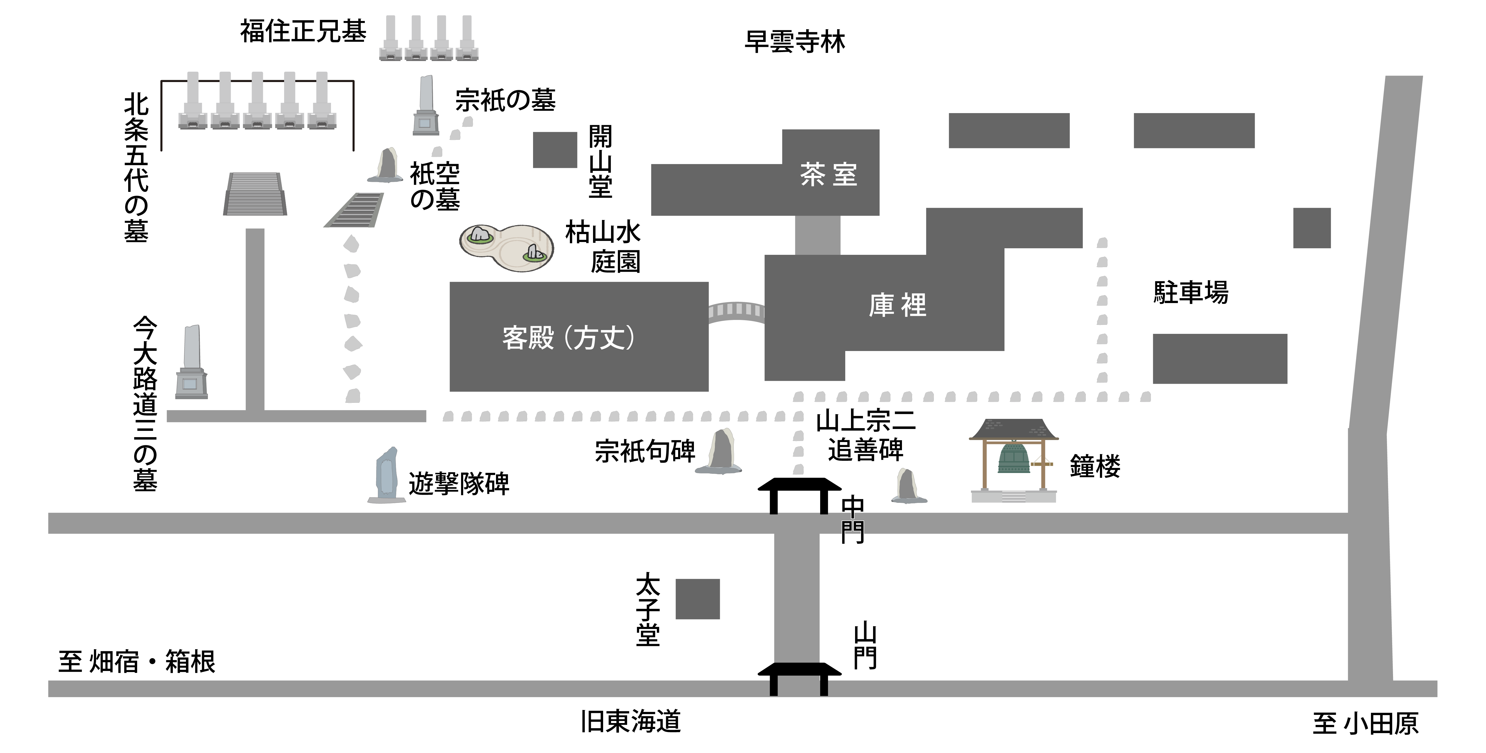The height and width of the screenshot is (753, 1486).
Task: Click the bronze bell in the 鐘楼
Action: (1014, 459)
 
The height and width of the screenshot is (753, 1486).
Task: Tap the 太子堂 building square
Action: (697, 599)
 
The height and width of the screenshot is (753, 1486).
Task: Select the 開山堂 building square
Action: (555, 150)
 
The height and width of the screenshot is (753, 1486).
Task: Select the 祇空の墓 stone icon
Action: (386, 166)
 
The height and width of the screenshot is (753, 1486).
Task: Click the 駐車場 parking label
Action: (1191, 292)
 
